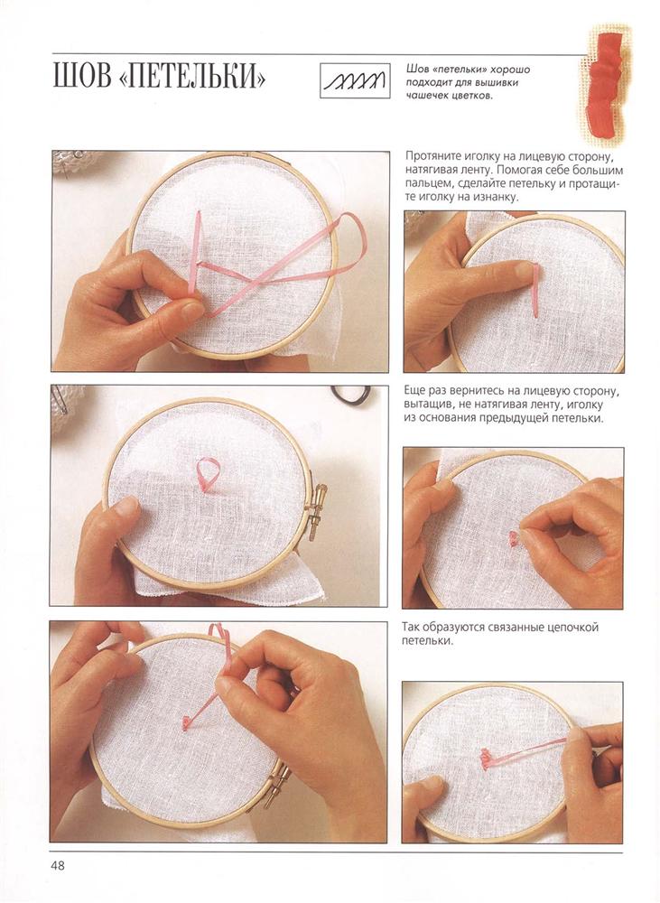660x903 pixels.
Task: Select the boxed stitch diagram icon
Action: (355, 80)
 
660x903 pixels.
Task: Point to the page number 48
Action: (59, 866)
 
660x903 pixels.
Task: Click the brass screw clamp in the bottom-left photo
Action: (275, 785)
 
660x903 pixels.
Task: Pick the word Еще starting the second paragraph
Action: (414, 392)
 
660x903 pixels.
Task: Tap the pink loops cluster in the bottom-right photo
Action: (488, 758)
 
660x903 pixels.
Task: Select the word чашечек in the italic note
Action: (425, 97)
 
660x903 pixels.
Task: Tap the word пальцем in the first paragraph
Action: (426, 184)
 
